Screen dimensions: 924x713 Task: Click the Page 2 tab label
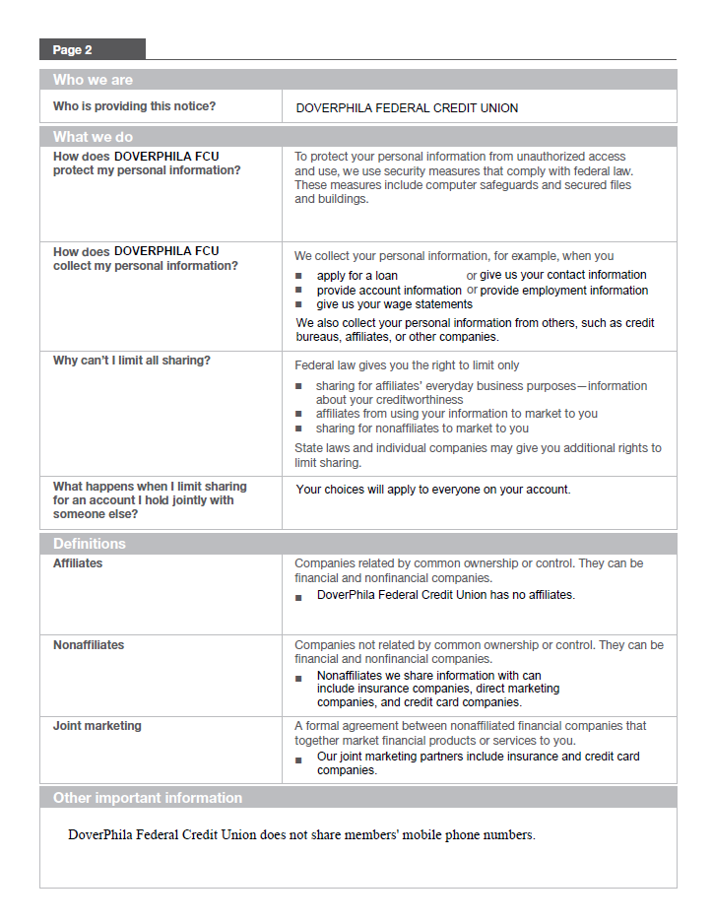tap(73, 49)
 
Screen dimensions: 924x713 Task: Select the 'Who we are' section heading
tap(93, 80)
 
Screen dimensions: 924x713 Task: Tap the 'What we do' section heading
tap(93, 137)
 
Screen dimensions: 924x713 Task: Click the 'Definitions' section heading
tap(90, 544)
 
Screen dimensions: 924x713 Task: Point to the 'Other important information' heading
tap(148, 798)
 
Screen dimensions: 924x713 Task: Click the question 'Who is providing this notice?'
tap(134, 106)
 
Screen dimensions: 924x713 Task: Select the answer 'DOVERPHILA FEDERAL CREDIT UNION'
tap(407, 108)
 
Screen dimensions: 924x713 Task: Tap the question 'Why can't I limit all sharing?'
tap(132, 361)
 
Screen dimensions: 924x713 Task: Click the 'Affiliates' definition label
tap(78, 563)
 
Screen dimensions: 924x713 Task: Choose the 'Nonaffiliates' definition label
tap(89, 645)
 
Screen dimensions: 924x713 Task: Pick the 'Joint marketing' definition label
tap(97, 726)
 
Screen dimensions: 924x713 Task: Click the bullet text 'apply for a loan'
tap(356, 276)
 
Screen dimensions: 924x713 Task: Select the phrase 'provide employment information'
tap(563, 291)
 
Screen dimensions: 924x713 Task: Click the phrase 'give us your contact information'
tap(562, 275)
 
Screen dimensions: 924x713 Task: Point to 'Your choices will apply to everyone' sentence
tap(432, 490)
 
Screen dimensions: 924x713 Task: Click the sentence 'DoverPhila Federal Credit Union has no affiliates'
tap(445, 595)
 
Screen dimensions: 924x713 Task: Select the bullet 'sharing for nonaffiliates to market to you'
tap(421, 429)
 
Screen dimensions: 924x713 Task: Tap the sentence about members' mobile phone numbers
tap(301, 835)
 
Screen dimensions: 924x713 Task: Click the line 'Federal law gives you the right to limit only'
tap(407, 365)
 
